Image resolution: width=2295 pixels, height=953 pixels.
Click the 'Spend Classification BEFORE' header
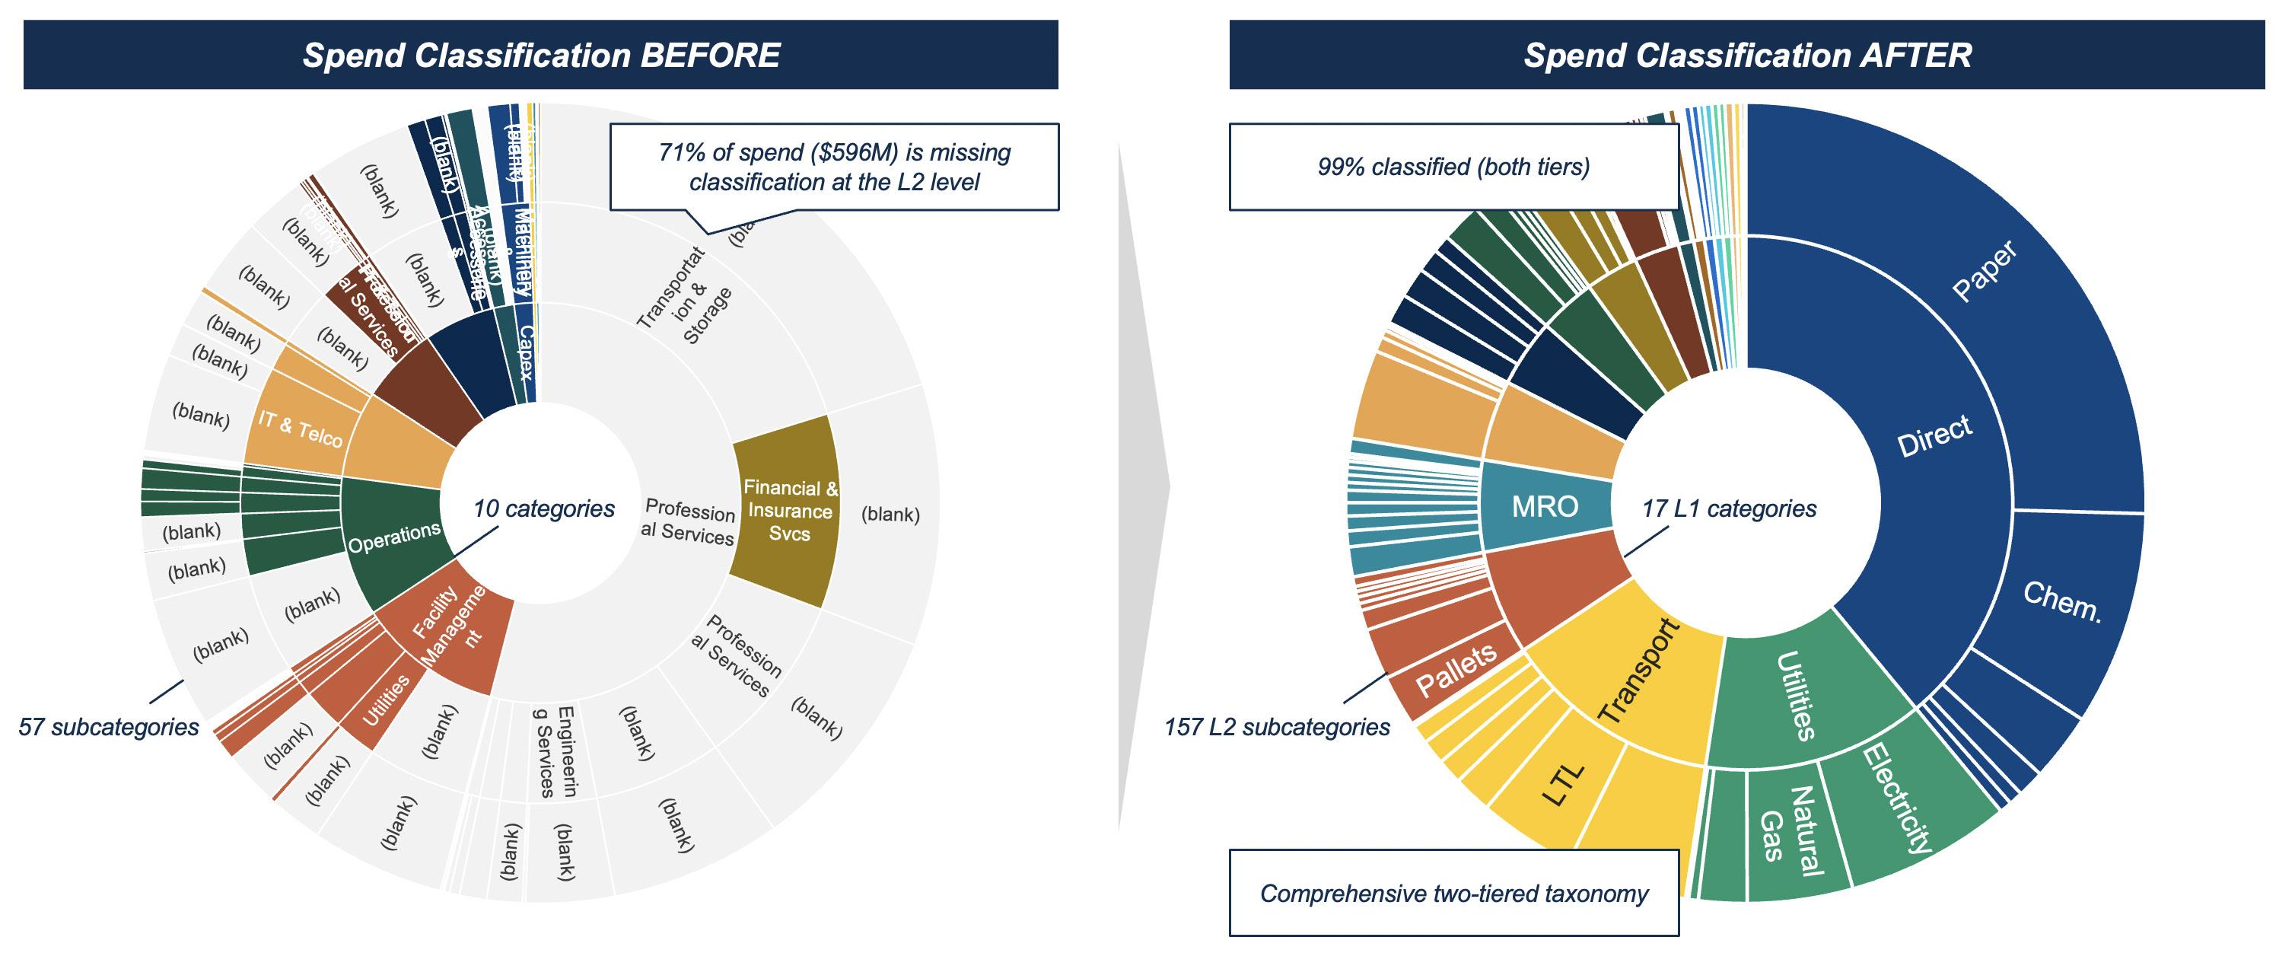pos(540,56)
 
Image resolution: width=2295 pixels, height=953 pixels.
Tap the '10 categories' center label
pos(543,509)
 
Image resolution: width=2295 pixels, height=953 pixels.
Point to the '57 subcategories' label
pos(109,728)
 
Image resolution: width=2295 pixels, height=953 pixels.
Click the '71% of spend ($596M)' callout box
pos(834,167)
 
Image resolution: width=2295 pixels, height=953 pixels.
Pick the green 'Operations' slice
pos(393,537)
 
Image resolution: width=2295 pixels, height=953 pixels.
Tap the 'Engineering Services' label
pos(554,751)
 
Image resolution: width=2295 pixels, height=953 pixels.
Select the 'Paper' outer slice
pos(1983,272)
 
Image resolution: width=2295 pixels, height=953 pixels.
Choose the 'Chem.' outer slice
pos(2061,603)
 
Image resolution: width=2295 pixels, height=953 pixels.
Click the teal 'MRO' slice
pos(1544,506)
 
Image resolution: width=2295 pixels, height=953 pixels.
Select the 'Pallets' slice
pos(1456,671)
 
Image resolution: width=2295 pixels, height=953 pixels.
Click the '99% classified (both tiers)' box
pos(1453,167)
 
